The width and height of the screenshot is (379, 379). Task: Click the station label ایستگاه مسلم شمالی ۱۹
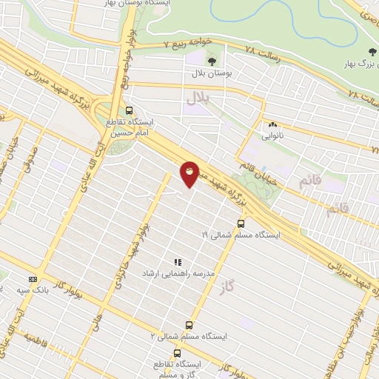tap(241, 235)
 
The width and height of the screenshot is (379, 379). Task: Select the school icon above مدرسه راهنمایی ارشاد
tap(177, 262)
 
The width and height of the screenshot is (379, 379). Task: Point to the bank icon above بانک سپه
tap(33, 279)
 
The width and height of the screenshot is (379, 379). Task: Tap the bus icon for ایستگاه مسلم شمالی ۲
tap(189, 324)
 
